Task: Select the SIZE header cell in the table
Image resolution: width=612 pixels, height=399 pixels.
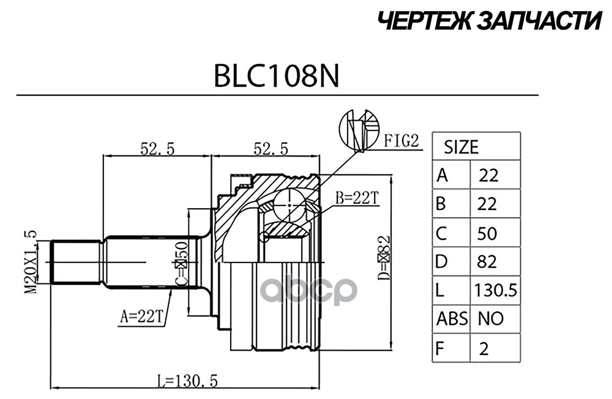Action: pos(461,147)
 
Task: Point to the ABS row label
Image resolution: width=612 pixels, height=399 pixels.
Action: pos(452,318)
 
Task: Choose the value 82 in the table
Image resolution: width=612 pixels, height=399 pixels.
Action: pos(487,261)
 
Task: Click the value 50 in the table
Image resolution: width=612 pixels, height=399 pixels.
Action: pos(487,233)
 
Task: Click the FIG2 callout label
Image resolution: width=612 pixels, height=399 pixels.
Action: pos(401,142)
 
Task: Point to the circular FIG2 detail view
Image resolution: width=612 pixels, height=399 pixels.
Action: pos(357,130)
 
